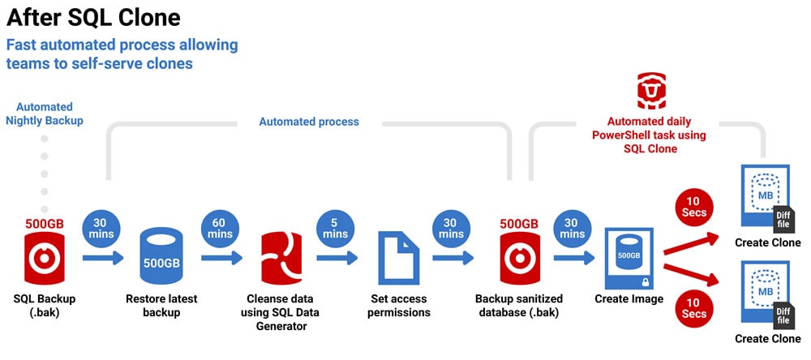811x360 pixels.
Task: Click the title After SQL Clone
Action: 93,17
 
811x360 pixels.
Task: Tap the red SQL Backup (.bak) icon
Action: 44,257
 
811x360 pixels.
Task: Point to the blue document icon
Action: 398,257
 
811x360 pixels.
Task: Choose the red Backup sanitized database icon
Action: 518,257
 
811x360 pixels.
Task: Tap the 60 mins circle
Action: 220,227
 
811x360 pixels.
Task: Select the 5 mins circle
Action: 335,227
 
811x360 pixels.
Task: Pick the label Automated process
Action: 308,122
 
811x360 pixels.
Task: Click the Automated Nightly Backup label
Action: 44,114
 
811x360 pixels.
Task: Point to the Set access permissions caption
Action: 399,305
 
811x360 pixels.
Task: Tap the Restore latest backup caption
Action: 161,305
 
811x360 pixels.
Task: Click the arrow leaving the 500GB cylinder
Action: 221,258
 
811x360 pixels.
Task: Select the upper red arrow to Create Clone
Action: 693,244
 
